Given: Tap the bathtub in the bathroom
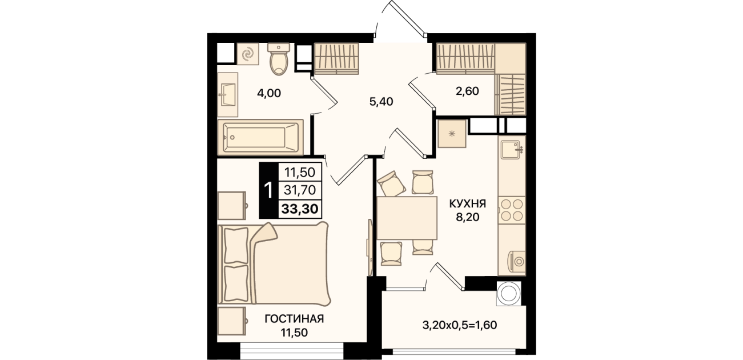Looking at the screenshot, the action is point(260,137).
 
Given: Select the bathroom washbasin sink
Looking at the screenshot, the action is point(227,95).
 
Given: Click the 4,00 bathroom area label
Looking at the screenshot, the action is point(269,93).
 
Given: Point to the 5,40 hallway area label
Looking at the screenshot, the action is point(381,102).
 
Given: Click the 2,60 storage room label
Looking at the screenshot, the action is point(467,91).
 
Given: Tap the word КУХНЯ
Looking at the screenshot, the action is point(468,203).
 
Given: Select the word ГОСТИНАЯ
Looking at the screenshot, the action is point(294,319).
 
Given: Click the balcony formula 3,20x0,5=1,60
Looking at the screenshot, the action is point(460,325).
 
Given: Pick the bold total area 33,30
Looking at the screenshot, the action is point(300,209).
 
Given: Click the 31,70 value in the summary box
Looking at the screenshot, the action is point(300,190).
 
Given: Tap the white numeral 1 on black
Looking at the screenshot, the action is point(268,190).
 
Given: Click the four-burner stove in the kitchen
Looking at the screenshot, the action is point(512,210).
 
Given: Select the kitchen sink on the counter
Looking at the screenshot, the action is point(511,150).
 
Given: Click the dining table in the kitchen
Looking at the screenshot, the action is point(407,218).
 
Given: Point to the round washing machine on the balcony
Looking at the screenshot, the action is point(508,293).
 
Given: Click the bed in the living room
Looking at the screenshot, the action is point(274,264).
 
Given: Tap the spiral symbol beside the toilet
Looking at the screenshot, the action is point(247,54).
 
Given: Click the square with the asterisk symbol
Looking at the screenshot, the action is point(452,134).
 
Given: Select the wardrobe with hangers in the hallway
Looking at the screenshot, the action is point(336,59).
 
